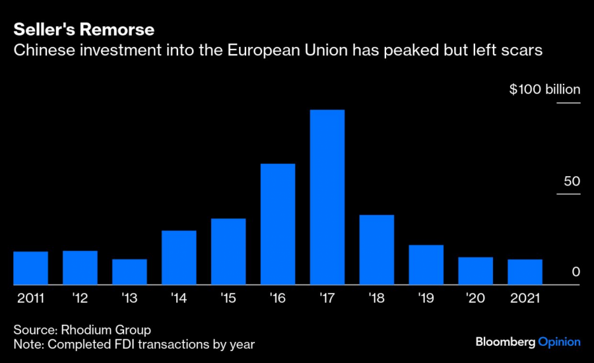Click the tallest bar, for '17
(327, 197)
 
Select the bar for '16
(278, 224)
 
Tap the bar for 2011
(30, 268)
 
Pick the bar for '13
(129, 272)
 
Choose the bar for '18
(377, 250)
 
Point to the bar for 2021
(525, 272)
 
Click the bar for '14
(179, 257)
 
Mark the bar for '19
(426, 265)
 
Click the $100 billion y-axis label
(544, 90)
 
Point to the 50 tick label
(572, 181)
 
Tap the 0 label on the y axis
(576, 272)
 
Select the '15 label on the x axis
(228, 298)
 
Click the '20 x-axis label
(475, 298)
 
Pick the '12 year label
(80, 298)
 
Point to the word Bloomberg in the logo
(506, 342)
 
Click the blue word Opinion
(560, 342)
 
